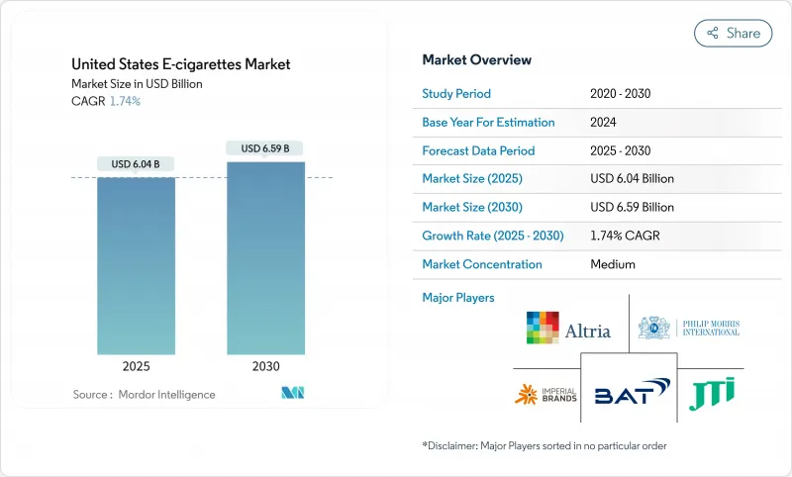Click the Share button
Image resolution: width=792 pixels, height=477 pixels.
tap(734, 33)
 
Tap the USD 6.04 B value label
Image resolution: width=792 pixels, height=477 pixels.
tap(136, 163)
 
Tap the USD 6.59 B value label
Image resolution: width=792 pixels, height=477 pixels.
tap(265, 148)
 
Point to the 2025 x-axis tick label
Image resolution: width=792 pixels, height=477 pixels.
tap(136, 365)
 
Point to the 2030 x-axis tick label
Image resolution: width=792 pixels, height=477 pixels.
tap(265, 365)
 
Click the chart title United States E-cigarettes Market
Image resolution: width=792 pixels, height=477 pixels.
tap(181, 64)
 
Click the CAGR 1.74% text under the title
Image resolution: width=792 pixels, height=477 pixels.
tap(106, 101)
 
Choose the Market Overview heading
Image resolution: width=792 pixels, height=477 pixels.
tap(476, 60)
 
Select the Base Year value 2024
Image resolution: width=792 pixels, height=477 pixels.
tap(604, 123)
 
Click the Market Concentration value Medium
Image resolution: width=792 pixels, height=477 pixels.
tap(612, 264)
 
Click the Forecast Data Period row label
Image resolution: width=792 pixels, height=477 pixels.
tap(478, 150)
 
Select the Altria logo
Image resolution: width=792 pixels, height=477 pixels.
tap(568, 330)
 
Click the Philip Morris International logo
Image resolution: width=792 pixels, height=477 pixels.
tap(689, 328)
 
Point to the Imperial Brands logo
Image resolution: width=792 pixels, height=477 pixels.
tap(541, 395)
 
